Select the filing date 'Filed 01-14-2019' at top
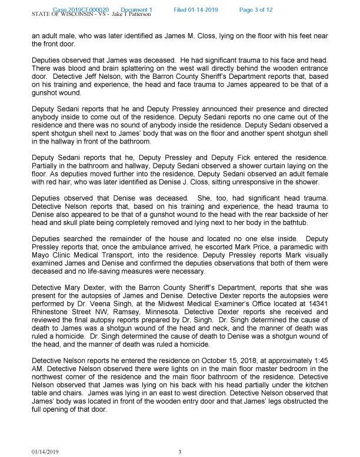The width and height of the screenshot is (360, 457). tap(198, 10)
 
